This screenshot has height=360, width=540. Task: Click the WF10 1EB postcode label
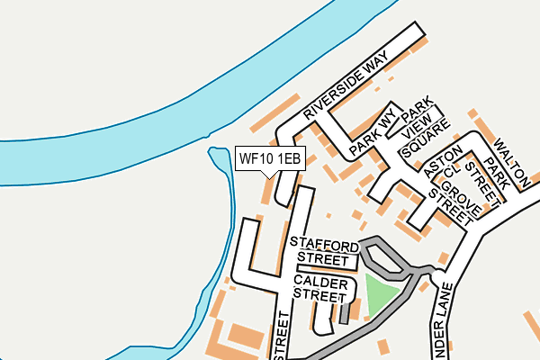[270, 158]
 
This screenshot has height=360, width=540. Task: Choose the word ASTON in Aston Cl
[445, 160]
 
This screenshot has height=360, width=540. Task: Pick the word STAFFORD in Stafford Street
[324, 243]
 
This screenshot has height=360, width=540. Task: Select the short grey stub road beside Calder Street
[344, 313]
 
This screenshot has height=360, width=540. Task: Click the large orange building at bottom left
[244, 337]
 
